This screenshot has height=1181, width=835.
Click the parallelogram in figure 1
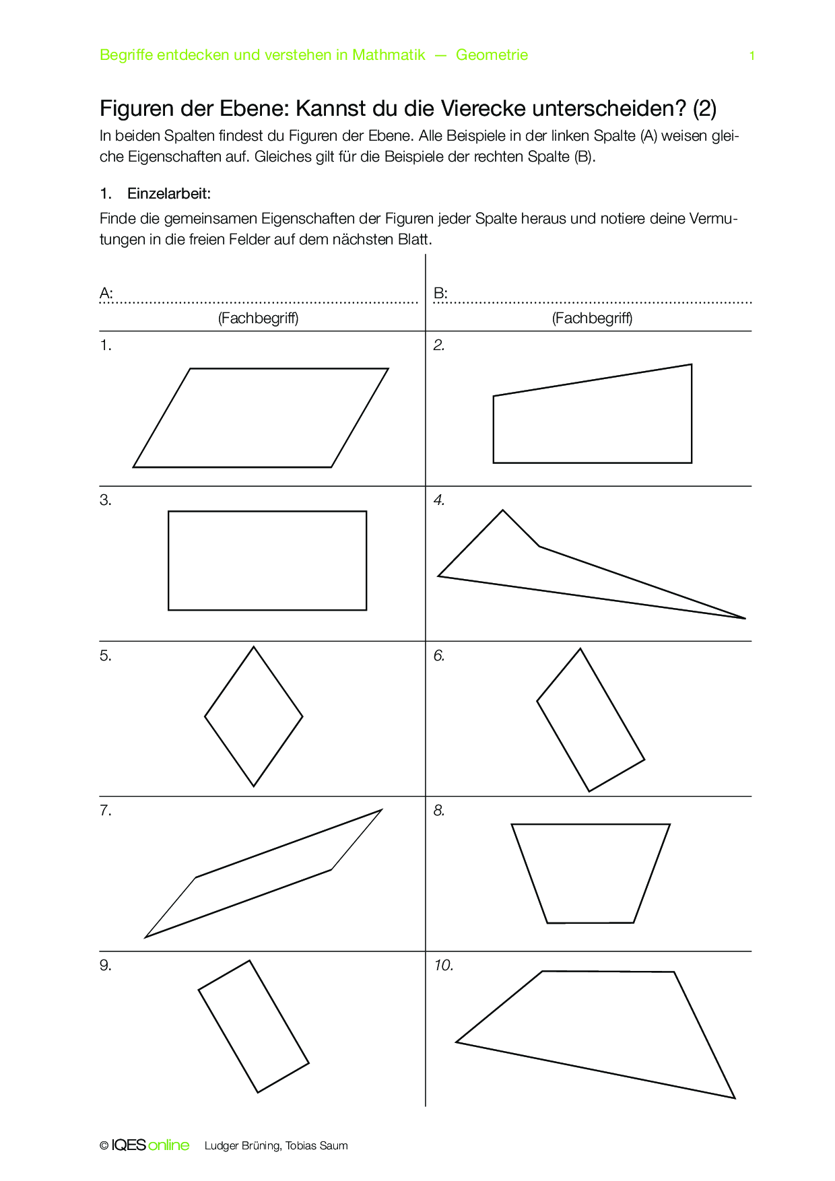[x=261, y=417]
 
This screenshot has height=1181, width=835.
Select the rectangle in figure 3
[x=267, y=560]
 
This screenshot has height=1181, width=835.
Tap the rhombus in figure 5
[x=254, y=716]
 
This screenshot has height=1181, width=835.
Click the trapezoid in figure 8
[x=591, y=872]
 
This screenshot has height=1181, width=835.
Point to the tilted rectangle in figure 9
[x=254, y=1026]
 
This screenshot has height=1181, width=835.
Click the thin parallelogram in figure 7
[x=263, y=873]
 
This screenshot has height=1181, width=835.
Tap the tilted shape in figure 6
[x=591, y=720]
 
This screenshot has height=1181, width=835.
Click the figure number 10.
[x=443, y=966]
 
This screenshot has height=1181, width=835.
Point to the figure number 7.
[x=106, y=811]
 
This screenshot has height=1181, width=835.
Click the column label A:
[x=106, y=293]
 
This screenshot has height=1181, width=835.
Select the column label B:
[x=440, y=293]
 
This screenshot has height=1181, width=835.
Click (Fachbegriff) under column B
[x=592, y=318]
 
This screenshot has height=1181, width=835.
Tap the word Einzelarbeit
[x=168, y=194]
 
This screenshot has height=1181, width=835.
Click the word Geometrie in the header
[x=492, y=55]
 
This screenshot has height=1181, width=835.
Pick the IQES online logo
[x=150, y=1145]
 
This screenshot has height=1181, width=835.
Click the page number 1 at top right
[x=751, y=56]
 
